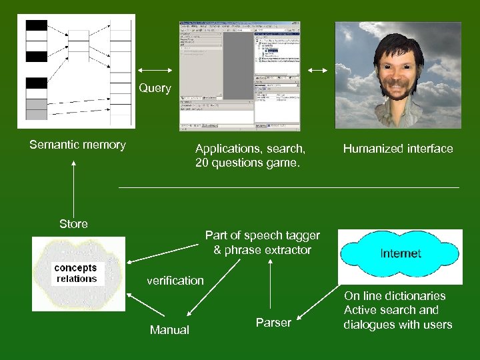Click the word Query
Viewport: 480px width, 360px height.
pyautogui.click(x=155, y=88)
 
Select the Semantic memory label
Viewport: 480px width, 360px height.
pyautogui.click(x=77, y=145)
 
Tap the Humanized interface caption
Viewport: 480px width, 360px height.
pyautogui.click(x=398, y=149)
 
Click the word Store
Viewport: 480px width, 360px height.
pyautogui.click(x=73, y=224)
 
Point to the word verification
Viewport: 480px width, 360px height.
pyautogui.click(x=175, y=280)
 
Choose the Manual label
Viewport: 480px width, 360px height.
pyautogui.click(x=169, y=329)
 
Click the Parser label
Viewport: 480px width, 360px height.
pyautogui.click(x=273, y=323)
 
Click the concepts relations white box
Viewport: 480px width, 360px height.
pyautogui.click(x=77, y=274)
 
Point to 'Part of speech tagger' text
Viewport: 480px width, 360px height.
pyautogui.click(x=263, y=235)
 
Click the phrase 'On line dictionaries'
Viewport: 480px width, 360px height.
pyautogui.click(x=395, y=296)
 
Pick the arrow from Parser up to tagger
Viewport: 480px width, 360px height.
pyautogui.click(x=269, y=287)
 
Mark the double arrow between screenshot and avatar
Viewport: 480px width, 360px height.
pyautogui.click(x=318, y=71)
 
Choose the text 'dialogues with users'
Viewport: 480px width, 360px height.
pyautogui.click(x=398, y=325)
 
